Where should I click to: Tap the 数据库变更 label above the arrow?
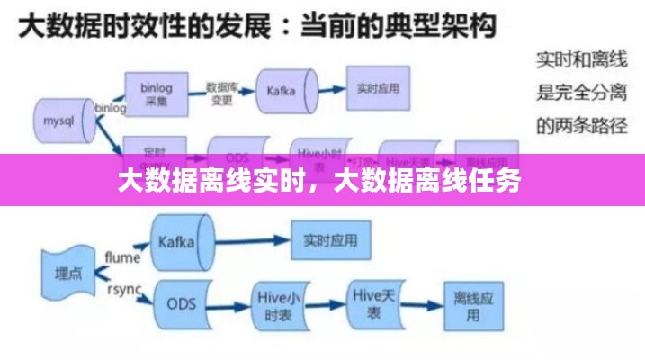tap(222, 94)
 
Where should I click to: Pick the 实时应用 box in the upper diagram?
tap(377, 90)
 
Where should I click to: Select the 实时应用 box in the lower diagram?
tap(330, 240)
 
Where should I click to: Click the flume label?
tap(123, 257)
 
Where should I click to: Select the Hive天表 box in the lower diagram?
tap(373, 304)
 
